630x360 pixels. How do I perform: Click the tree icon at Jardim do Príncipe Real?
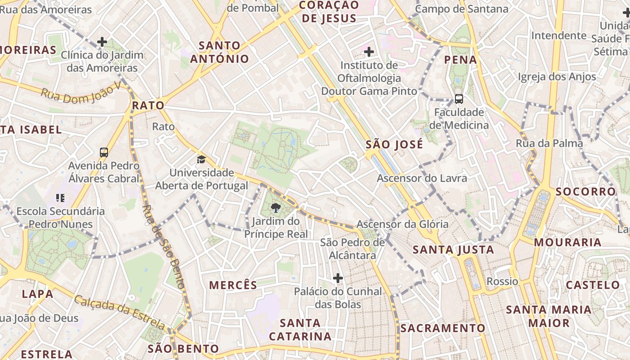pyautogui.click(x=275, y=208)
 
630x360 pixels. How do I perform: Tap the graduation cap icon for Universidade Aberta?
pyautogui.click(x=201, y=159)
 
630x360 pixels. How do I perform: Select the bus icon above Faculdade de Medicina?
pyautogui.click(x=459, y=99)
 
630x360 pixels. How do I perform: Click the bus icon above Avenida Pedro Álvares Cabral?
pyautogui.click(x=104, y=153)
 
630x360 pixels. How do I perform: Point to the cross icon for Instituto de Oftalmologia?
pyautogui.click(x=369, y=52)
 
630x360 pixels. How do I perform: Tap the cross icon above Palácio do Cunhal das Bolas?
pyautogui.click(x=338, y=278)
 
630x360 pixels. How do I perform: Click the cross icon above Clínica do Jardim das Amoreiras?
pyautogui.click(x=102, y=42)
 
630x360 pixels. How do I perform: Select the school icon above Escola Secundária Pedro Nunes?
pyautogui.click(x=60, y=198)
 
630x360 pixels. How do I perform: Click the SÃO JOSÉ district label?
pyautogui.click(x=394, y=144)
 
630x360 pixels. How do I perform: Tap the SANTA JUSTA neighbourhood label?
pyautogui.click(x=453, y=250)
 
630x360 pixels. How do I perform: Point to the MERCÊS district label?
pyautogui.click(x=233, y=285)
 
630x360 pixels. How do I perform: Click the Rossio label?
pyautogui.click(x=502, y=282)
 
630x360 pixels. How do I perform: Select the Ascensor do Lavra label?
pyautogui.click(x=422, y=178)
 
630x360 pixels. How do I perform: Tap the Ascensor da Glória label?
pyautogui.click(x=402, y=224)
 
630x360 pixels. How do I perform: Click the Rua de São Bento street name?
pyautogui.click(x=163, y=247)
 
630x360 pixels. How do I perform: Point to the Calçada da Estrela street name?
pyautogui.click(x=120, y=312)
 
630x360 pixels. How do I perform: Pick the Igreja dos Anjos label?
pyautogui.click(x=557, y=77)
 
